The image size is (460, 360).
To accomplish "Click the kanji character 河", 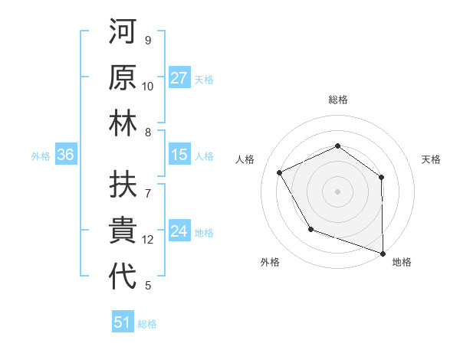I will [123, 34].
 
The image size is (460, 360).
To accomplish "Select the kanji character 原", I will [123, 79].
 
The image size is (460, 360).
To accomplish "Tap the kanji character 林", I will [123, 124].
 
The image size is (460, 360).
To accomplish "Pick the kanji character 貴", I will [123, 231].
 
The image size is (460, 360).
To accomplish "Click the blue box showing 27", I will [179, 78].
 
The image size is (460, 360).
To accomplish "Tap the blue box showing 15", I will [179, 155].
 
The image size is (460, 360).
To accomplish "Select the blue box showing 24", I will [179, 231].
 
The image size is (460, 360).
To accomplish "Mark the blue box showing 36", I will [66, 155].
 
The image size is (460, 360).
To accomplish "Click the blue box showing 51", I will [123, 322].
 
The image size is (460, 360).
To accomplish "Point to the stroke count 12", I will [148, 240].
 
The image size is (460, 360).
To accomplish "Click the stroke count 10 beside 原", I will [148, 87].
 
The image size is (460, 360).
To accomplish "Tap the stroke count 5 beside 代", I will [148, 286].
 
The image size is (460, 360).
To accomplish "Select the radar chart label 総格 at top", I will [337, 100].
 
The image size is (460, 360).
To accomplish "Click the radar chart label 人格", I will [245, 159].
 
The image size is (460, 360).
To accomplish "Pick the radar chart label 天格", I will [431, 159].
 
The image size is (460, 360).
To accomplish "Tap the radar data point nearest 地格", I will [382, 252].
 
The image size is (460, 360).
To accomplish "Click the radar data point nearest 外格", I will [310, 229].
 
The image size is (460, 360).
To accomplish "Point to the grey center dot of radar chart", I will [337, 191].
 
